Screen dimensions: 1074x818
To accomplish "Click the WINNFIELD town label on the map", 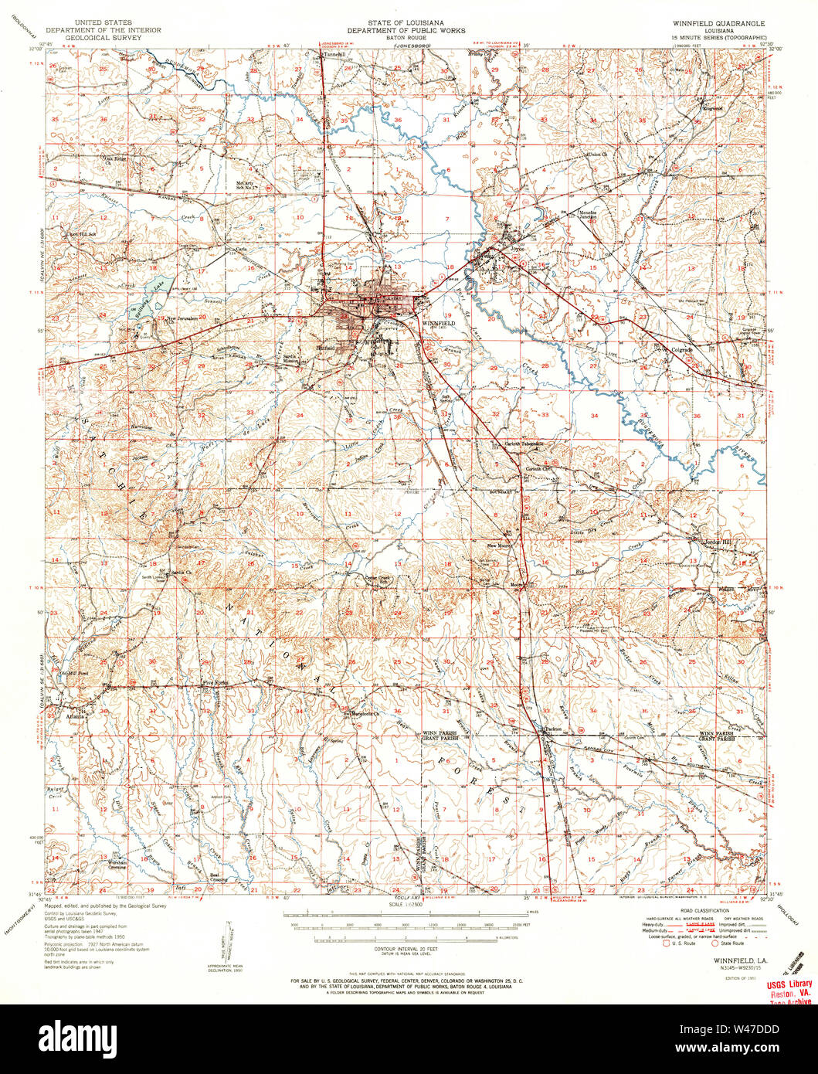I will point(438,322).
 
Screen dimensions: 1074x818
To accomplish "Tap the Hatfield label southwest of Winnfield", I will point(325,348).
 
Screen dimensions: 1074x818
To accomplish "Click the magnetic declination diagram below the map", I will point(228,943).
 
